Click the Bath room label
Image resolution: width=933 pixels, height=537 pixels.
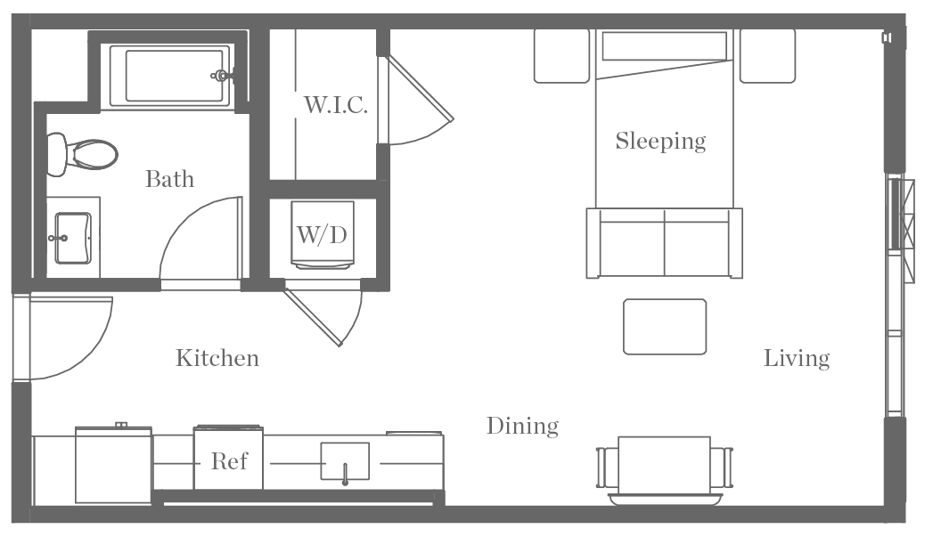pos(169,179)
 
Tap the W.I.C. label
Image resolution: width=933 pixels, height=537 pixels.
pos(335,106)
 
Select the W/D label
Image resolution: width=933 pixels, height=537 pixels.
pos(322,235)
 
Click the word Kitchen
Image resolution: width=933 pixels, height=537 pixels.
pos(217,358)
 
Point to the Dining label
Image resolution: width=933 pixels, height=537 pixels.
pos(522,427)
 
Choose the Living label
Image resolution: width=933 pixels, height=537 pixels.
pos(797,358)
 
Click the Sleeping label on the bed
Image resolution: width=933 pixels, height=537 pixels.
pos(660,141)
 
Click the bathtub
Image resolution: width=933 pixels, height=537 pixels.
pos(174,76)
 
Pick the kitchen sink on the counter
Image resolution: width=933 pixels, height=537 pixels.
pos(345,462)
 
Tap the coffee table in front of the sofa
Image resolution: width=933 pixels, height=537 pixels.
pos(665,327)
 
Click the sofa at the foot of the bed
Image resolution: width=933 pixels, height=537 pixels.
pos(664,243)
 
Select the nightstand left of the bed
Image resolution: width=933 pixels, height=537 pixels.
pos(561,55)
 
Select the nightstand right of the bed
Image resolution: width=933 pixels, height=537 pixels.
pos(767,55)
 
